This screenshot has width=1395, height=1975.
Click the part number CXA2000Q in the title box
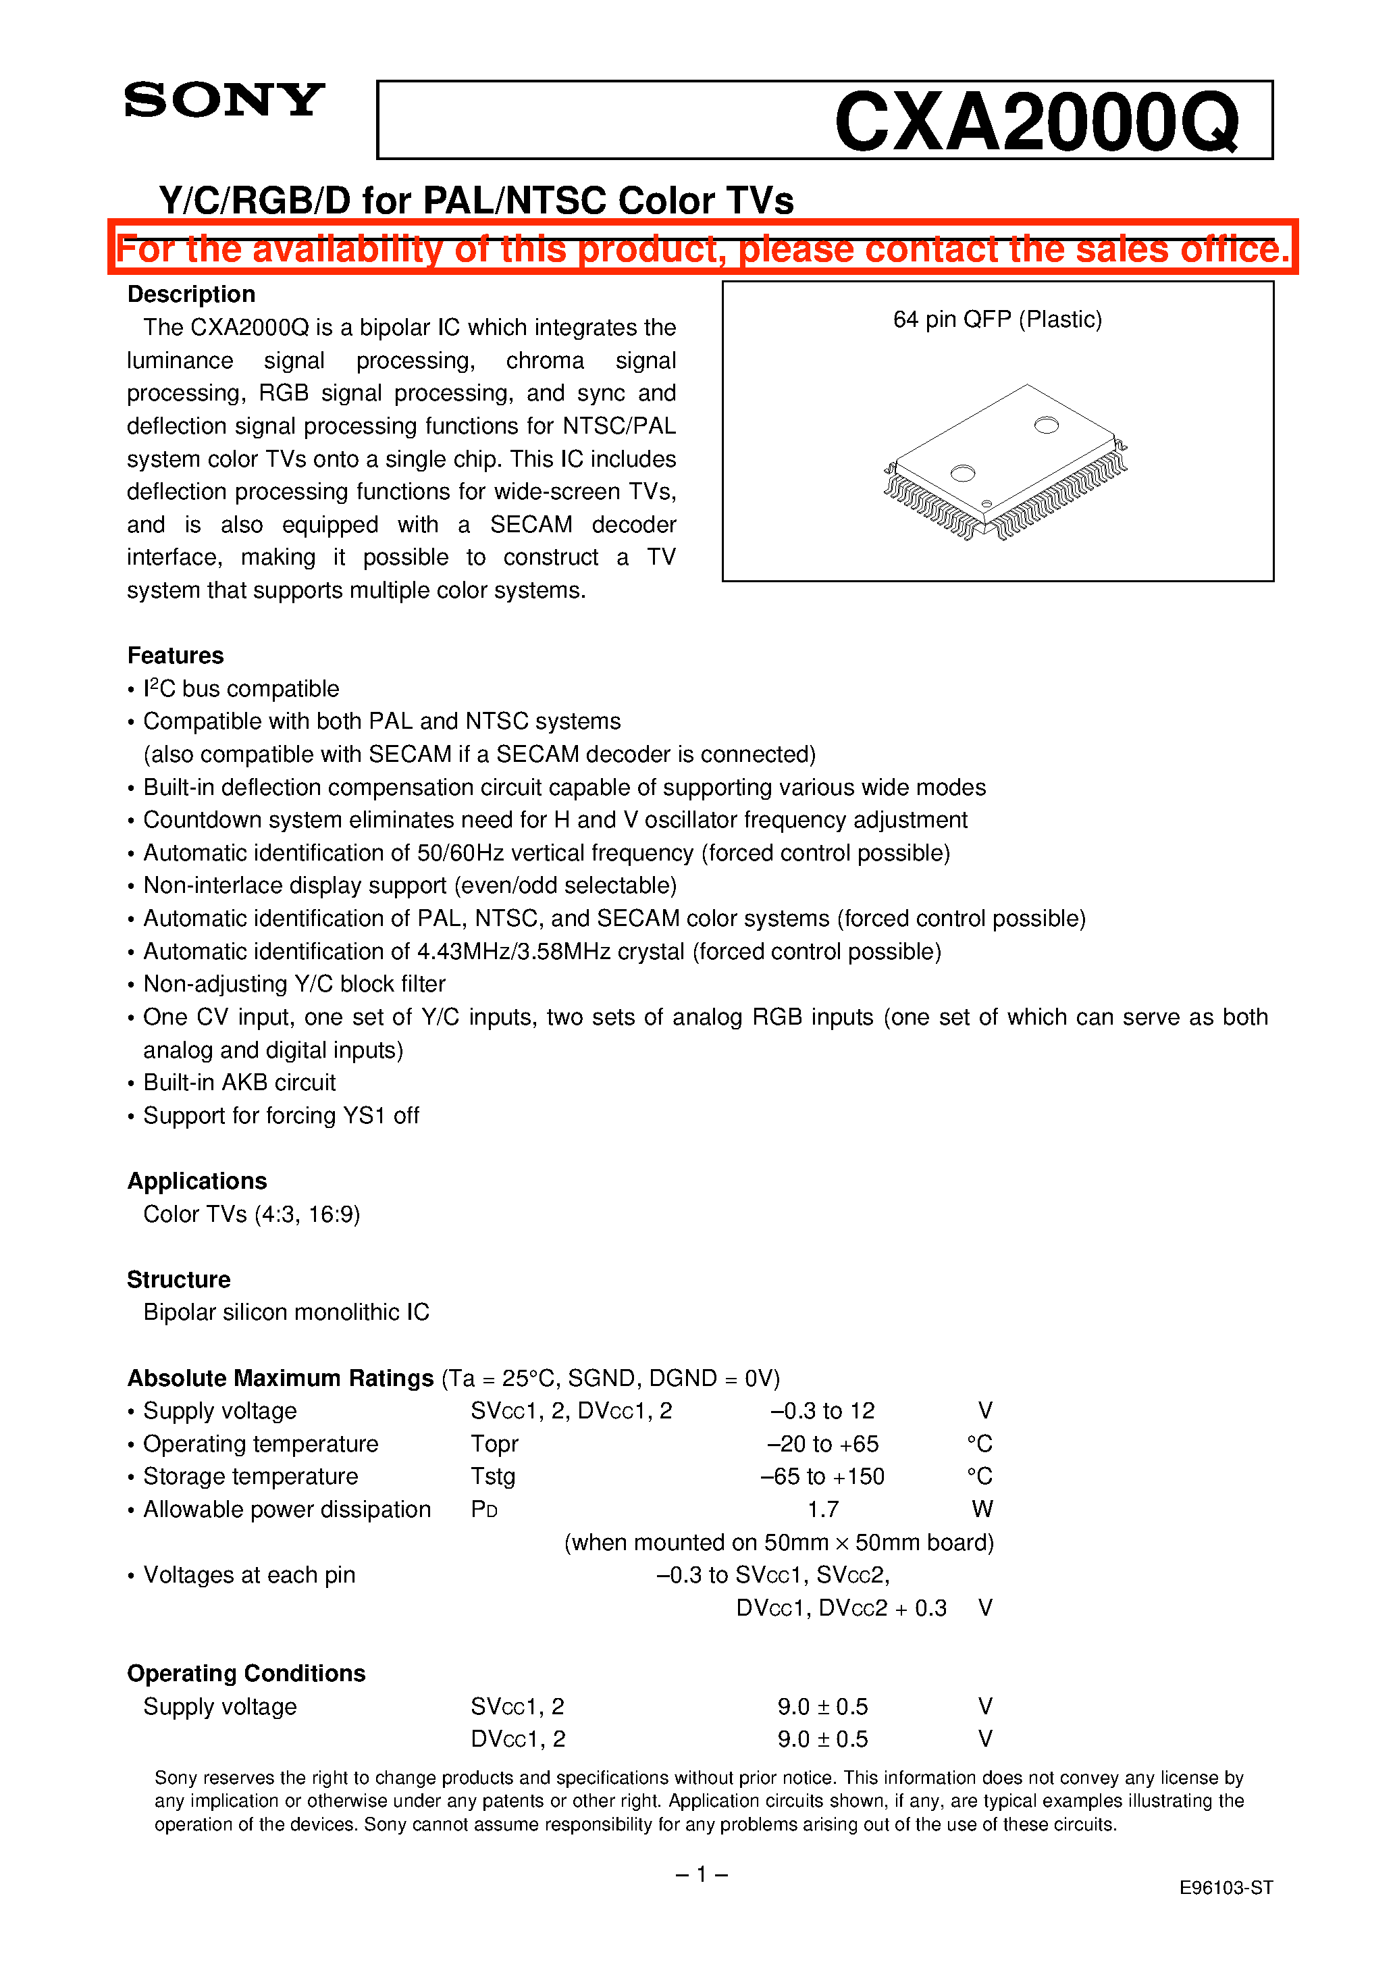click(x=1036, y=122)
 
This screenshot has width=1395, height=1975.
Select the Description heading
click(x=191, y=294)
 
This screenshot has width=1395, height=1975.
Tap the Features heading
click(x=176, y=655)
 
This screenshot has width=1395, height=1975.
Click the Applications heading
click(x=197, y=1181)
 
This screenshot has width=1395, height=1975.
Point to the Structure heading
click(x=179, y=1280)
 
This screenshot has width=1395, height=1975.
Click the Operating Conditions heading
click(x=246, y=1673)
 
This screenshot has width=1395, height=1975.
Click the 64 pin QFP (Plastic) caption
click(x=997, y=320)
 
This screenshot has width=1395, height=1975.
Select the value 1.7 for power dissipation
click(x=823, y=1510)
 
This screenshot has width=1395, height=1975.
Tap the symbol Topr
click(x=494, y=1444)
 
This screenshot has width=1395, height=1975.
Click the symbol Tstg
click(x=493, y=1477)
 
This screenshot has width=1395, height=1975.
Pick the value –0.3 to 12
click(x=822, y=1412)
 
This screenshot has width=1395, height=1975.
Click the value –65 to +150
click(x=823, y=1477)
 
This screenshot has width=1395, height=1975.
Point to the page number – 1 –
click(x=701, y=1874)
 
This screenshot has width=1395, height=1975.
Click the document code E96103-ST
click(x=1225, y=1888)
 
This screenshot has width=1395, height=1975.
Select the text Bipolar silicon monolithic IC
click(x=286, y=1312)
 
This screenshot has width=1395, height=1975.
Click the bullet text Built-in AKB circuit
click(x=239, y=1083)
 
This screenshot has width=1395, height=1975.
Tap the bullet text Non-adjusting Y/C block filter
click(x=294, y=984)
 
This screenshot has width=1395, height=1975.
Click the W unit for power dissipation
click(x=982, y=1510)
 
